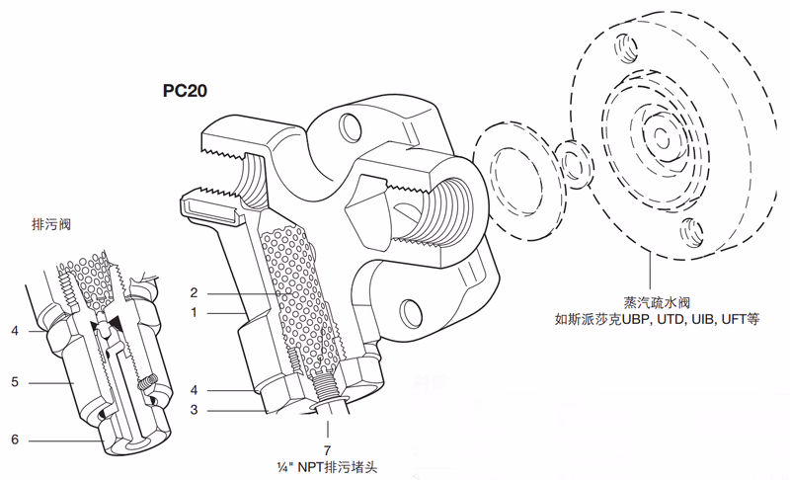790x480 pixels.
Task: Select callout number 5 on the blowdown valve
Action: [x=15, y=379]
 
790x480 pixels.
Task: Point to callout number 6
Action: [x=15, y=440]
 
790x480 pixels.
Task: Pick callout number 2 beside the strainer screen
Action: [x=195, y=292]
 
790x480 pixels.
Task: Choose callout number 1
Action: [x=195, y=312]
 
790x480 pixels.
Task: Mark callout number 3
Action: [x=195, y=408]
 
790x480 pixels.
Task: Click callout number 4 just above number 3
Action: [x=195, y=389]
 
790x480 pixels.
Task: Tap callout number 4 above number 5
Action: [x=15, y=330]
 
